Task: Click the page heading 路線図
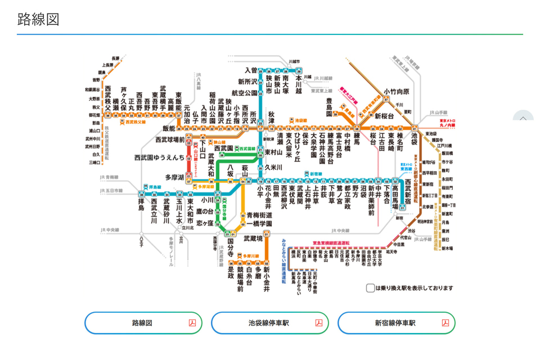pyautogui.click(x=38, y=19)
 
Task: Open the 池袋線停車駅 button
pyautogui.click(x=269, y=323)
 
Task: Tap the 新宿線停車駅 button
pyautogui.click(x=396, y=323)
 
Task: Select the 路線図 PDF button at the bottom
pyautogui.click(x=143, y=323)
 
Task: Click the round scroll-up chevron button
pyautogui.click(x=523, y=119)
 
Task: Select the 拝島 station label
pyautogui.click(x=142, y=203)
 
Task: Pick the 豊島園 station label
pyautogui.click(x=330, y=106)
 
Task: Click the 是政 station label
pyautogui.click(x=230, y=272)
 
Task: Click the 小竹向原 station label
pyautogui.click(x=397, y=92)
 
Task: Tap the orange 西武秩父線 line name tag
pyautogui.click(x=135, y=121)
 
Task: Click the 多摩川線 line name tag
pyautogui.click(x=250, y=256)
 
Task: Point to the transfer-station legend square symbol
pyautogui.click(x=370, y=288)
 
